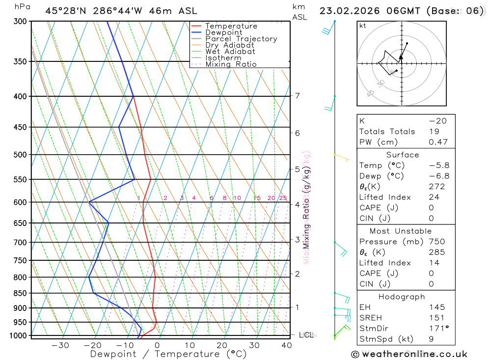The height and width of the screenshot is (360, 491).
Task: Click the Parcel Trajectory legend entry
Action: coord(241,39)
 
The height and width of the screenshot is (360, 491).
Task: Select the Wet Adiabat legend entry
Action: coord(230,52)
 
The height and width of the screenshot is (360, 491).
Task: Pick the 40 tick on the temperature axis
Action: coord(286,345)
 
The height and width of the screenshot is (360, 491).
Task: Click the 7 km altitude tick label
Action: coord(298,95)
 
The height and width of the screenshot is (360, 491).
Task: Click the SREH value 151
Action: coord(436,318)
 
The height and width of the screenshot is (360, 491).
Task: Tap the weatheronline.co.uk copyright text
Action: coord(409,354)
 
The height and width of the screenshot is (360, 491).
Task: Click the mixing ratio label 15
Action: coord(257,198)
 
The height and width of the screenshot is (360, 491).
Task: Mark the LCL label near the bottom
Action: coord(306,335)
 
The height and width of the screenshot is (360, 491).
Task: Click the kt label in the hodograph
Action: coord(363,26)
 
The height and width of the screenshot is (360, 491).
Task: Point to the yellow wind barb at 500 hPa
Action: coord(342,157)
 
